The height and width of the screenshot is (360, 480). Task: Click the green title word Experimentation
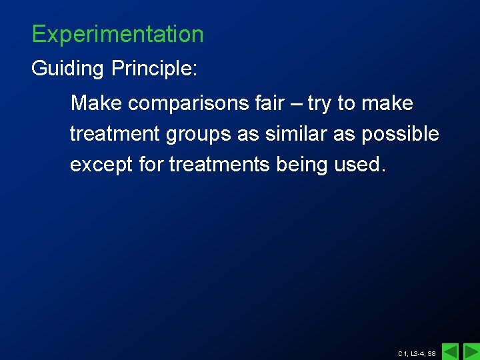tap(117, 34)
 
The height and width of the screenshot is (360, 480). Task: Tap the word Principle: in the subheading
tap(155, 69)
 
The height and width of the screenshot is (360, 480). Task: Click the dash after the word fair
tap(295, 104)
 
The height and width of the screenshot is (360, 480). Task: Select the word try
tap(319, 104)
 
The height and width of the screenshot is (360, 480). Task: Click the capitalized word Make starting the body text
tap(97, 103)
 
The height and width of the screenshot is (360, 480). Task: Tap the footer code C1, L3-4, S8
tap(417, 353)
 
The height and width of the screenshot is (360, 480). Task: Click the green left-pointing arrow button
tap(451, 351)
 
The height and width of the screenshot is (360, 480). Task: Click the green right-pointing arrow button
tap(471, 351)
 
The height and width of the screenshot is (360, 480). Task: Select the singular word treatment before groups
tap(115, 134)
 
